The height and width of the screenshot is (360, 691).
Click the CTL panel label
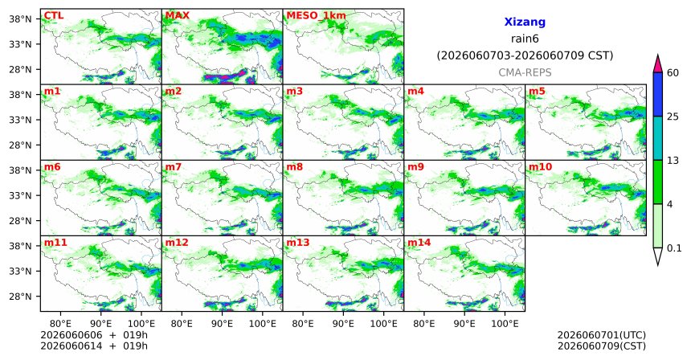(54, 16)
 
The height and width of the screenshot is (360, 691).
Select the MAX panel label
(177, 16)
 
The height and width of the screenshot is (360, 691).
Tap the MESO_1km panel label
(316, 16)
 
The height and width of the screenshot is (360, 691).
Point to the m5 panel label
(537, 92)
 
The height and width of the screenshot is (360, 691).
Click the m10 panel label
(540, 167)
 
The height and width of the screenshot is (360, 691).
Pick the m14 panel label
(419, 243)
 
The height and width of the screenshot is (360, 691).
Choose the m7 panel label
(174, 167)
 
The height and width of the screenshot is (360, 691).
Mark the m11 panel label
(55, 243)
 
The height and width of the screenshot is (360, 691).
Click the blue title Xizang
(525, 22)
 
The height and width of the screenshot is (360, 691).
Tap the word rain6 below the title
(525, 39)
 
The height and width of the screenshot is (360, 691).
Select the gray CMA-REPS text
(525, 72)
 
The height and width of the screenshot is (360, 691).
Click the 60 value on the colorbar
(673, 72)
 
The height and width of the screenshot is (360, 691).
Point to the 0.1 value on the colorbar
(674, 248)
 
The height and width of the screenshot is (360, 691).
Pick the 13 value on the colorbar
(673, 161)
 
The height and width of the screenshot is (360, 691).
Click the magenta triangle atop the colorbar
(657, 64)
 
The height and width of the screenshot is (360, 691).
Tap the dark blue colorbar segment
(657, 94)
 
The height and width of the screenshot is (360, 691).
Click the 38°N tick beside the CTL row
(20, 19)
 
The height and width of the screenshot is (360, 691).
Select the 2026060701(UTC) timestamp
(602, 336)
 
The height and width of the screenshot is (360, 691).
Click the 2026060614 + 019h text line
(94, 346)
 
